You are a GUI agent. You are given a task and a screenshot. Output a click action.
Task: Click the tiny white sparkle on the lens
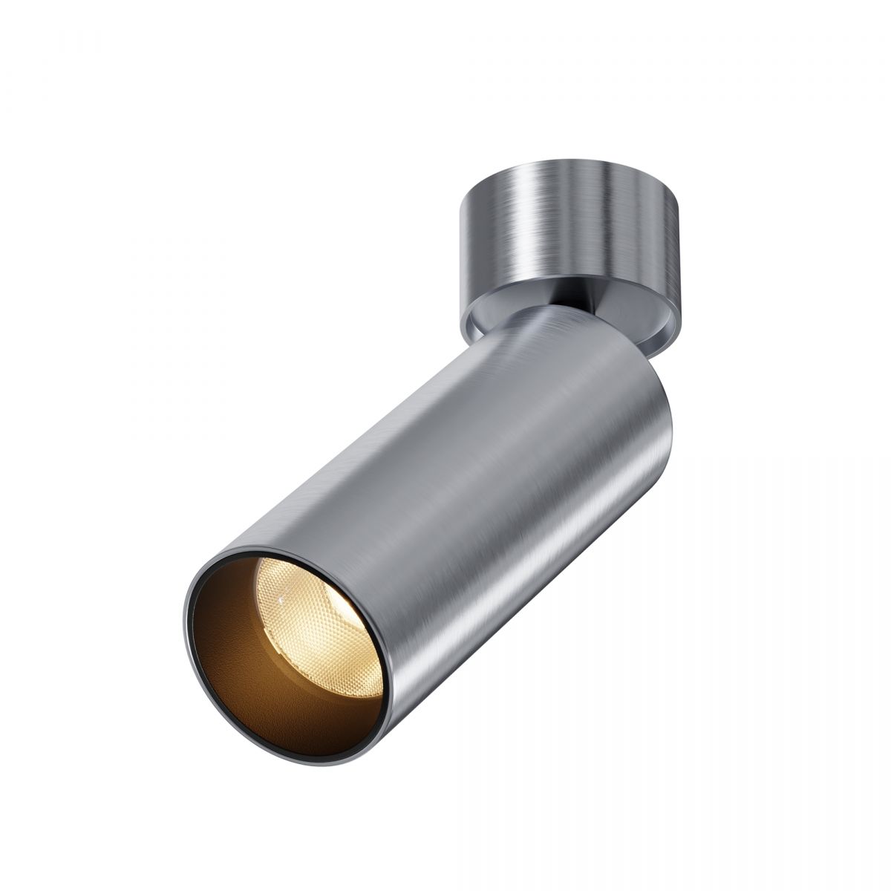click(x=281, y=596)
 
